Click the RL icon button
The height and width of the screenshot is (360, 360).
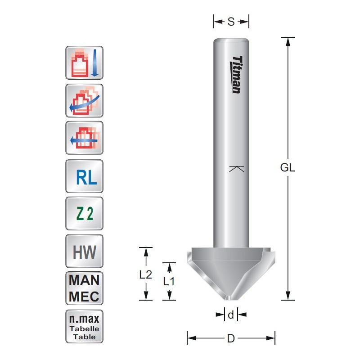click(85, 176)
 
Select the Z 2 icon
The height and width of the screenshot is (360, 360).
click(85, 214)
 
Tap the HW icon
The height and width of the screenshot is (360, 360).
click(85, 251)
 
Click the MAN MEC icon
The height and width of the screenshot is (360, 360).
click(85, 288)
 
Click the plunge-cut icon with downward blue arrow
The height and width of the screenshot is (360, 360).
click(85, 63)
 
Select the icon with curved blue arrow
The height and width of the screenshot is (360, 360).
click(85, 101)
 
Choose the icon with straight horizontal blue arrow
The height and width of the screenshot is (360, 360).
click(85, 138)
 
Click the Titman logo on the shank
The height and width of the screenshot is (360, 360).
click(237, 75)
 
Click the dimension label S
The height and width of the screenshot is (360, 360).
click(231, 21)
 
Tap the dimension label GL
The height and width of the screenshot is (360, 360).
click(287, 168)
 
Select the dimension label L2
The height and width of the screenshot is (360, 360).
click(145, 274)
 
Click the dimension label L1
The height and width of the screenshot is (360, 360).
click(169, 282)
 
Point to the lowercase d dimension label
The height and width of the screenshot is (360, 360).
click(231, 315)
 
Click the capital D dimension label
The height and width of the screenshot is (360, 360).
click(231, 338)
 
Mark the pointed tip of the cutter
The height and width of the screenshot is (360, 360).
click(231, 299)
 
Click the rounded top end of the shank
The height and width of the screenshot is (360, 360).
click(231, 40)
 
